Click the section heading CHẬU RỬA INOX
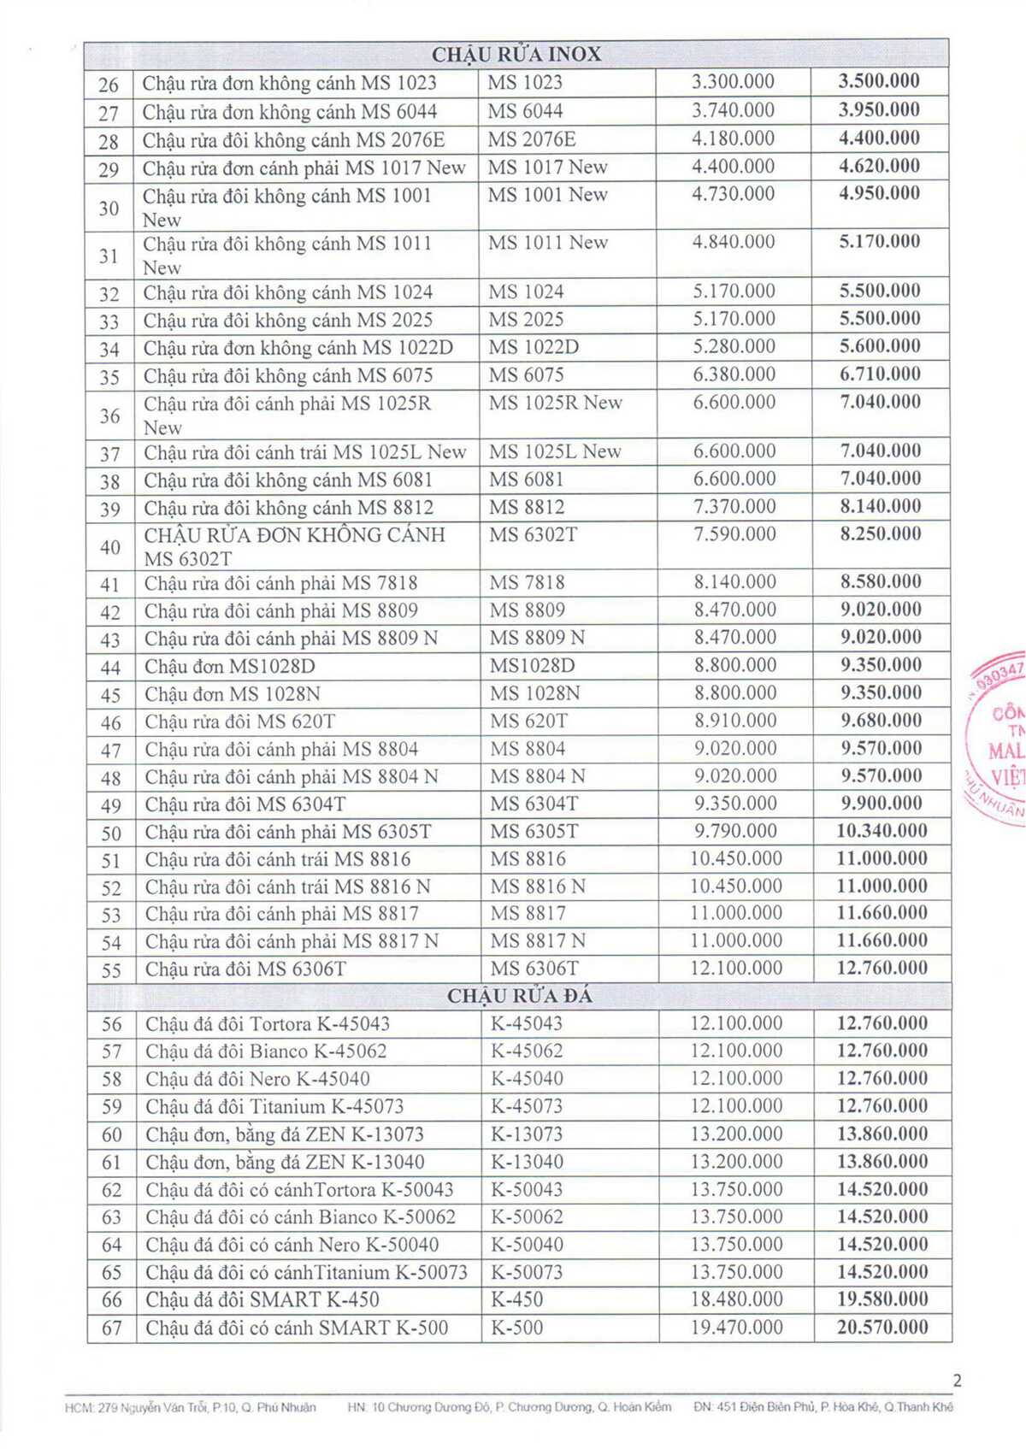516,55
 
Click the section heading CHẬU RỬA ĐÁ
519,996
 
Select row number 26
109,84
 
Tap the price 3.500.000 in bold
879,81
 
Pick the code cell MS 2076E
532,138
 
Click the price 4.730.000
733,194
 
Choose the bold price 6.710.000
880,374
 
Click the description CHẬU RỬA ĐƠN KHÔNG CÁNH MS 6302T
295,546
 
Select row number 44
110,668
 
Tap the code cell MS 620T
528,722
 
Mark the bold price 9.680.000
881,720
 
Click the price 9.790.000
735,831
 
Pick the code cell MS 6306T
534,969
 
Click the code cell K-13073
527,1134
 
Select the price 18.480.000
736,1299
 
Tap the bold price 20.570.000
882,1327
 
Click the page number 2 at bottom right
957,1380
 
